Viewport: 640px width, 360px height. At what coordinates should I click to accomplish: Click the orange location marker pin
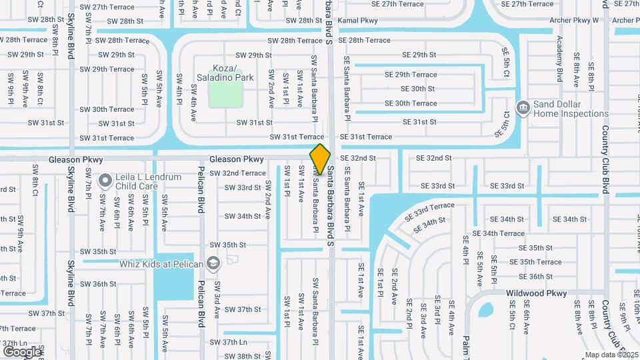coord(320,159)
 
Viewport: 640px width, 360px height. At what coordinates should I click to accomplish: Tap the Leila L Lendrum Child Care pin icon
coord(105,180)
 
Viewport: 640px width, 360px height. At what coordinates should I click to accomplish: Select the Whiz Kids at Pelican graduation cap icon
coord(213,264)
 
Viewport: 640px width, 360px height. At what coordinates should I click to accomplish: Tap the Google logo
coord(22,351)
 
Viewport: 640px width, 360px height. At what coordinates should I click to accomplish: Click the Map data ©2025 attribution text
coord(611,355)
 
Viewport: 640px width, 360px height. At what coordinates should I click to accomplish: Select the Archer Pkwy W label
coord(574,21)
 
